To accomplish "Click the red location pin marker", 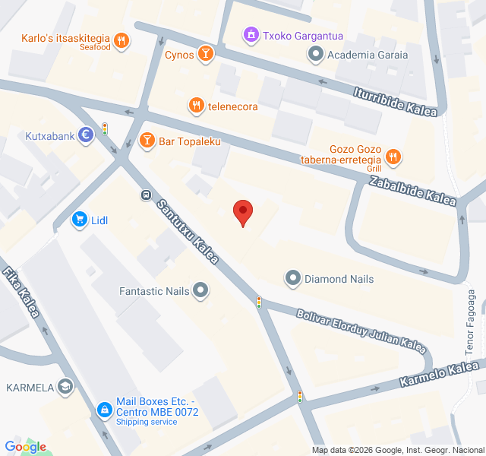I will [242, 212].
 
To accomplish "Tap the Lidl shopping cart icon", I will [79, 220].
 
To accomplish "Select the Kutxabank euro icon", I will [86, 136].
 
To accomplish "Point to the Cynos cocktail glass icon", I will [204, 54].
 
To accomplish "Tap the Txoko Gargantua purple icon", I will [250, 34].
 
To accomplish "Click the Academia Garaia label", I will [368, 54].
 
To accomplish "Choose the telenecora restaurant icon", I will [196, 106].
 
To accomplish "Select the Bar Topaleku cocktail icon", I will [147, 141].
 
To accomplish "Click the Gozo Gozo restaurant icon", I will [393, 157].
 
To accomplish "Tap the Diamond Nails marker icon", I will [292, 279].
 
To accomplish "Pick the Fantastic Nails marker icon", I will [200, 290].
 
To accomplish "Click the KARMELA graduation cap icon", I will [65, 388].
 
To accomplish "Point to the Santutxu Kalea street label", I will [188, 231].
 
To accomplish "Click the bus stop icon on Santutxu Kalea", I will [144, 195].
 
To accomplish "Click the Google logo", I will [25, 447].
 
